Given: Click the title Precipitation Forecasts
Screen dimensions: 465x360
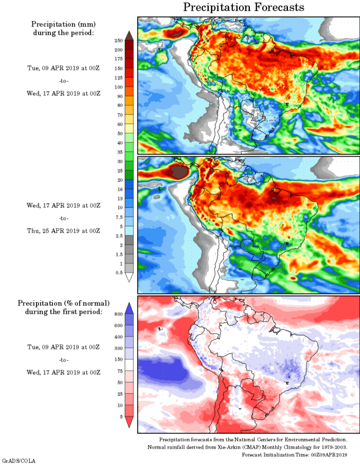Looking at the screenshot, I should (244, 7).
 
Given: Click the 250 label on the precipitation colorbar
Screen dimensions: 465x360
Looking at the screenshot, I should (118, 40).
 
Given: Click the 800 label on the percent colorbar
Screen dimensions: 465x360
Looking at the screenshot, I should (118, 313).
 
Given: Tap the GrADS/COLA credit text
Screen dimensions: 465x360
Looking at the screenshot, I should (19, 461).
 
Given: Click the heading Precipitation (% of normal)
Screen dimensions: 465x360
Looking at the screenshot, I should (64, 303).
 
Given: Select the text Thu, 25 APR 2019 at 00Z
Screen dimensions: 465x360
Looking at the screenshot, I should (64, 231).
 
